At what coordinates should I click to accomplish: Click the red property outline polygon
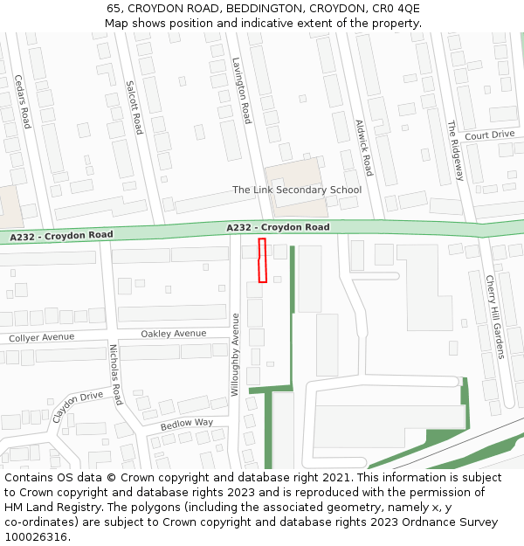tap(262, 260)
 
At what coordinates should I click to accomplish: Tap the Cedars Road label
tap(23, 101)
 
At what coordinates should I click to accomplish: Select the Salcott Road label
tap(134, 107)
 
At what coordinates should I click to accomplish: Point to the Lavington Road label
tap(242, 90)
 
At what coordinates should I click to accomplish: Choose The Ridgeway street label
tap(455, 150)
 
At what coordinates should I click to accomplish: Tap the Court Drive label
tap(489, 135)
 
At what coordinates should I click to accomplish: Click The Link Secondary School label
tap(296, 190)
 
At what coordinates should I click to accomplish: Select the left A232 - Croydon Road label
tap(62, 236)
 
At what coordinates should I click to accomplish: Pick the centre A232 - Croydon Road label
tap(278, 227)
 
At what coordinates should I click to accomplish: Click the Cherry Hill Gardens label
tap(495, 316)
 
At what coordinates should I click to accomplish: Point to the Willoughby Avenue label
tap(235, 355)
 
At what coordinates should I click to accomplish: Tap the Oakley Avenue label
tap(174, 334)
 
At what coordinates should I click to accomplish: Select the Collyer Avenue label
tap(42, 337)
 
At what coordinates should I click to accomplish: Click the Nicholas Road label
tap(116, 374)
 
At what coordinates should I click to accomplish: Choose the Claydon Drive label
tap(77, 406)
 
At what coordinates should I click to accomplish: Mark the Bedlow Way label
tap(186, 423)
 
